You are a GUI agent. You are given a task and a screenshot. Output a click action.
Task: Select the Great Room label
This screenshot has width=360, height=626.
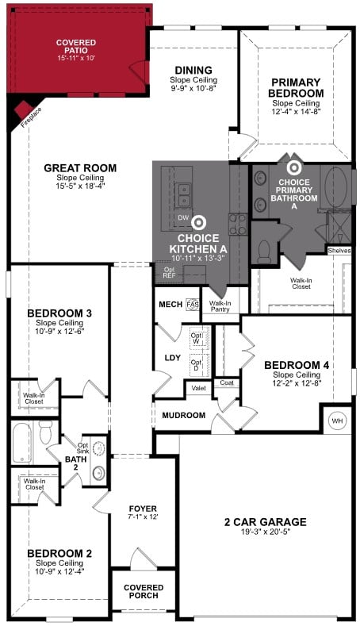80,168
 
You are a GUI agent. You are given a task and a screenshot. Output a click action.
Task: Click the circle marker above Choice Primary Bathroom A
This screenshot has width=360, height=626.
293,167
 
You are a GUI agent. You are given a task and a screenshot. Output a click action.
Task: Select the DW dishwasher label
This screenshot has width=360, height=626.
182,217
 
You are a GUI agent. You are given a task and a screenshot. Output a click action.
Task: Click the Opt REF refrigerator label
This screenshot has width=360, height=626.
169,273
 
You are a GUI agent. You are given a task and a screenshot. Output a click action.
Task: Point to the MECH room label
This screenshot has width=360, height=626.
170,304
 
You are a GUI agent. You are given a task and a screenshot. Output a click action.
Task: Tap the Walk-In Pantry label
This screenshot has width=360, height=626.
220,305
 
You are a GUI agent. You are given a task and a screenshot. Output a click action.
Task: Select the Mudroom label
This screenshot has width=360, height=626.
184,415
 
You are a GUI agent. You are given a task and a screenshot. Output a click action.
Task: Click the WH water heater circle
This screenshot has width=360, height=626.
336,420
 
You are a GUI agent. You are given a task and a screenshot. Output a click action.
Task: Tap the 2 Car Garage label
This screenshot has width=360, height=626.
265,521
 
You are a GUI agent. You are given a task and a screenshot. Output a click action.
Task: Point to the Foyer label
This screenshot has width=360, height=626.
143,509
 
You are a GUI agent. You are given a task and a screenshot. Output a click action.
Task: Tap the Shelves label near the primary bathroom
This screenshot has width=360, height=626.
339,251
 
